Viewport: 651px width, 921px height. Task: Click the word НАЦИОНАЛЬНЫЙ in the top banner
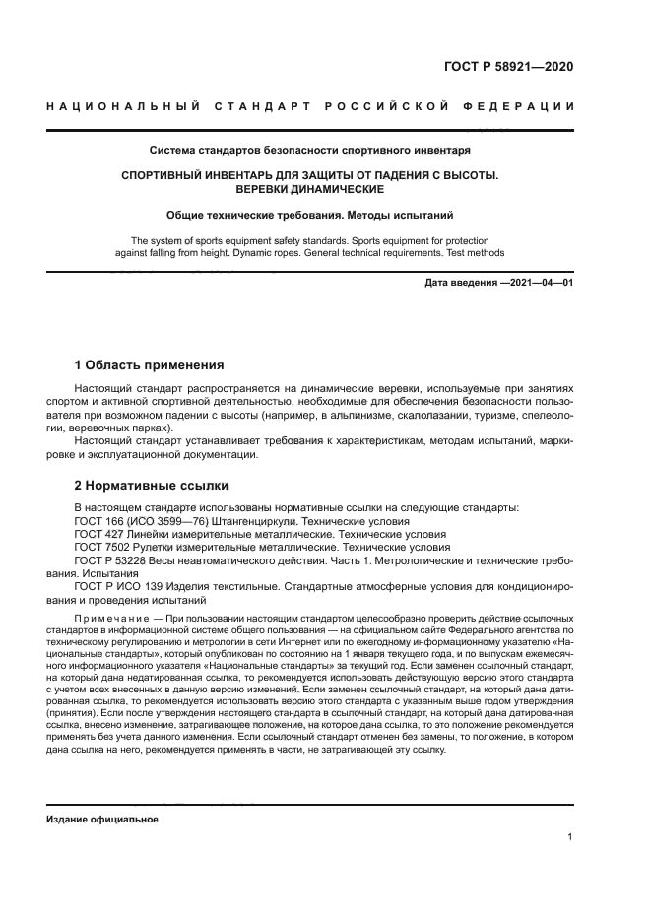click(123, 106)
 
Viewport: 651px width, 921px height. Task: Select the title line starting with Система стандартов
click(309, 151)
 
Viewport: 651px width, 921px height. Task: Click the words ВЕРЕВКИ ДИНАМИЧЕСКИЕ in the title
click(309, 189)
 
